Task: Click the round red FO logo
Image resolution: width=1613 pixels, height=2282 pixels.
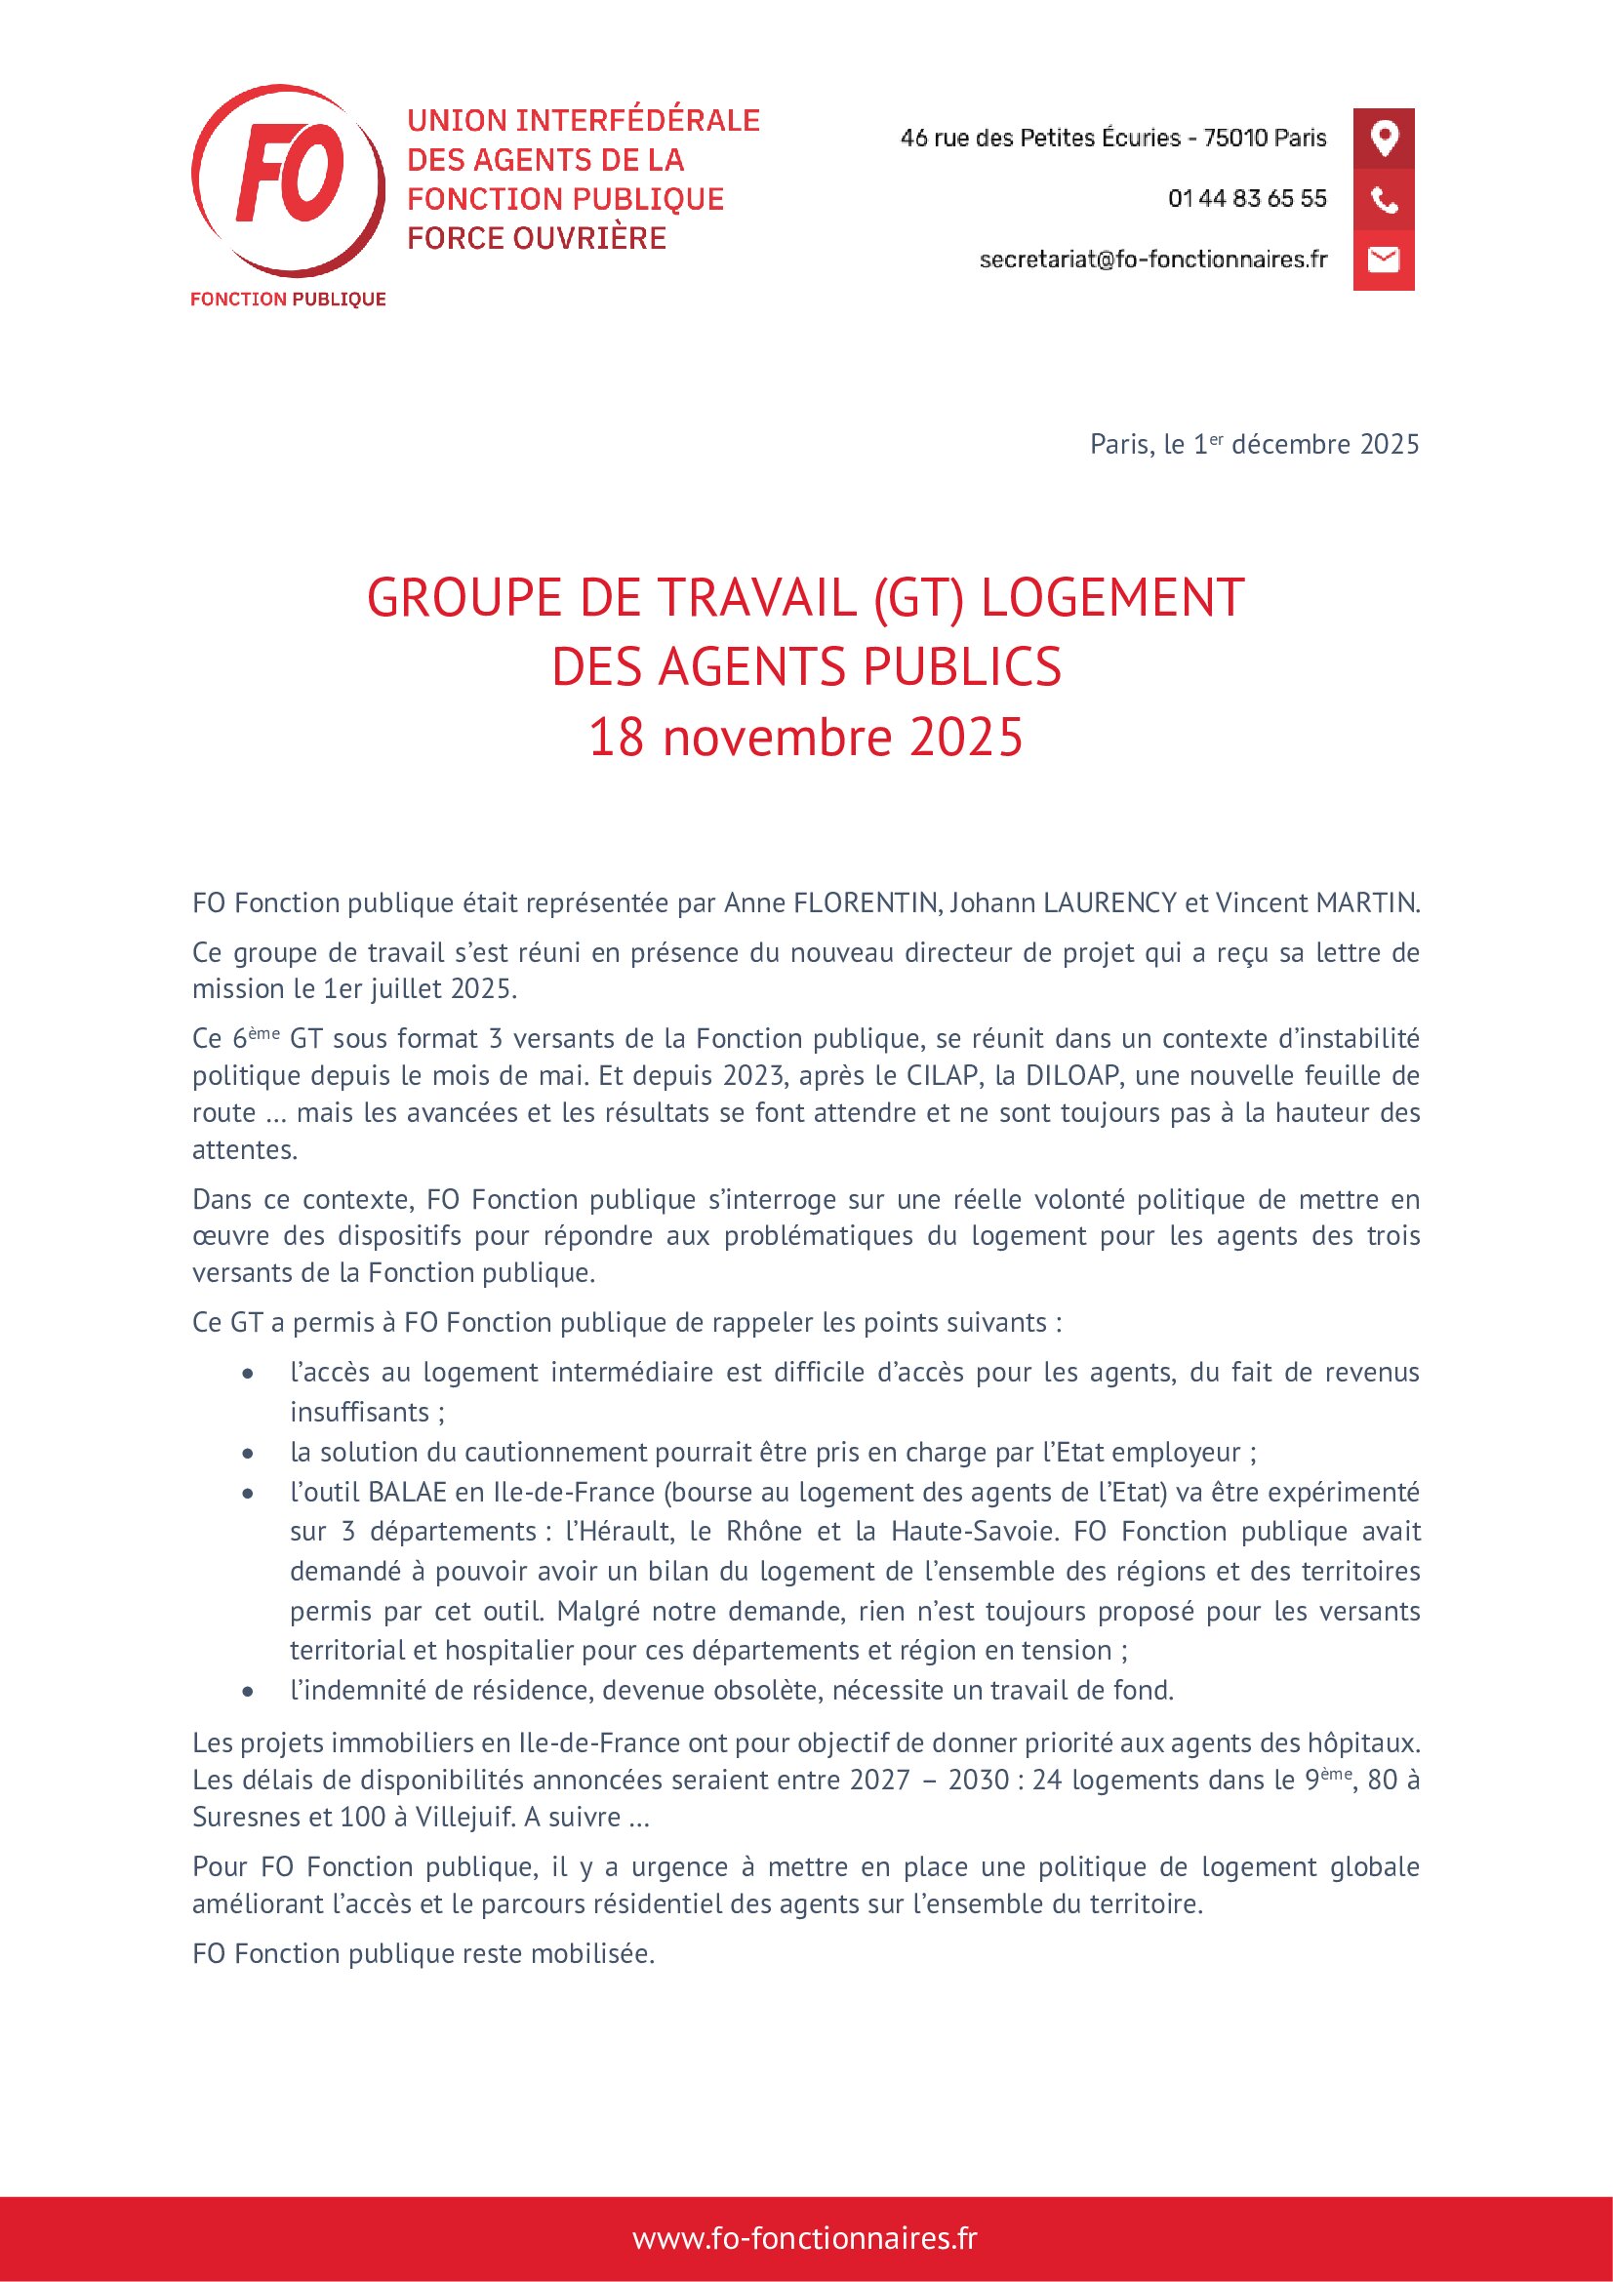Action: [288, 180]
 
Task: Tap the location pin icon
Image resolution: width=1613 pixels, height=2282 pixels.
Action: [1384, 138]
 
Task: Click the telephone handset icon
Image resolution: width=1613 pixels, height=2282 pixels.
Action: [1384, 199]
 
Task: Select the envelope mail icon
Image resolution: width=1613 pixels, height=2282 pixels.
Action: [1384, 260]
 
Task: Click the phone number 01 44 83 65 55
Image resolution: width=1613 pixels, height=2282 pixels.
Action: [1247, 199]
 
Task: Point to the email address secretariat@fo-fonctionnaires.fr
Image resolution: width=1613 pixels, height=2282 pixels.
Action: [1152, 260]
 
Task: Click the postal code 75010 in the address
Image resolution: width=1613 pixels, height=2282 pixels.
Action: [1233, 138]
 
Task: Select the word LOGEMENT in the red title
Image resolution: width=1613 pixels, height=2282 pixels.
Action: [1112, 598]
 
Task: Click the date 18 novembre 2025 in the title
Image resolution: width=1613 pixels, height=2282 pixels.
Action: [806, 738]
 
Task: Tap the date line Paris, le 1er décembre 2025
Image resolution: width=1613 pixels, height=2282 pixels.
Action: [1254, 444]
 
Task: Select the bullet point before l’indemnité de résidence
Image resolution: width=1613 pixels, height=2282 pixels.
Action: [248, 1691]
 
